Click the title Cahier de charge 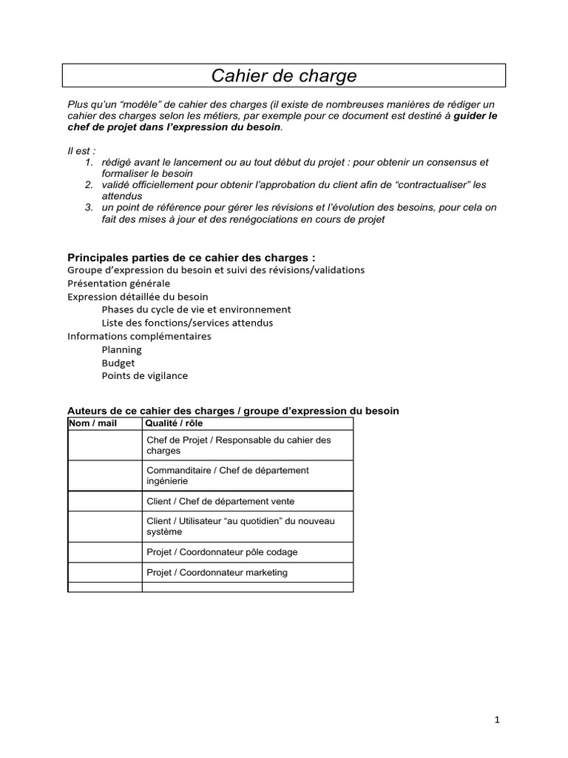(x=284, y=76)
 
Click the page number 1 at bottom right (x=498, y=720)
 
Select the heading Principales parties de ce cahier (x=191, y=258)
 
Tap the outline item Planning (x=121, y=349)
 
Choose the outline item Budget (x=118, y=363)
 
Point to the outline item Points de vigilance (x=144, y=375)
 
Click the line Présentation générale (x=118, y=284)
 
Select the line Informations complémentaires (x=139, y=336)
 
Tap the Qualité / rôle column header (x=174, y=423)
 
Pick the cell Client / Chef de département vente (x=220, y=501)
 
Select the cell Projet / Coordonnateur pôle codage (x=222, y=552)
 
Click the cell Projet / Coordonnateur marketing (x=217, y=572)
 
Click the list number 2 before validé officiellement (x=88, y=184)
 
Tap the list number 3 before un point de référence (x=88, y=207)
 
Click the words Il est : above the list (x=81, y=151)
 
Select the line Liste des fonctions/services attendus (x=187, y=323)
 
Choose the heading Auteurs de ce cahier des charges (x=233, y=410)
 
